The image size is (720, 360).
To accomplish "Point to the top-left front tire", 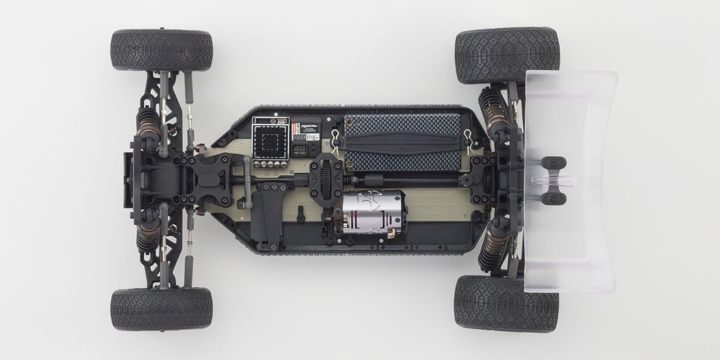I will click(161, 50).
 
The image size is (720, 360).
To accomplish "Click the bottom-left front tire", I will click(161, 308).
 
